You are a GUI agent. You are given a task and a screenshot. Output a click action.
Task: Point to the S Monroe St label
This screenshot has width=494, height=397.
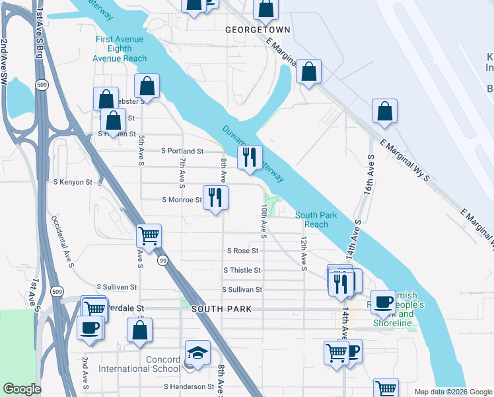click(182, 200)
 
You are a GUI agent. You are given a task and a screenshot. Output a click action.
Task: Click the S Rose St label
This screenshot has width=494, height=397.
click(242, 251)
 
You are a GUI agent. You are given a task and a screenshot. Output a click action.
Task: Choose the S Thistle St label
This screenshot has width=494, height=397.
click(242, 271)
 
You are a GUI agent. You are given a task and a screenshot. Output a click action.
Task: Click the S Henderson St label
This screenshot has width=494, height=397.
click(190, 386)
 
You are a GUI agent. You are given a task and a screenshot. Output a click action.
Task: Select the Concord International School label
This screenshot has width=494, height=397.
click(139, 364)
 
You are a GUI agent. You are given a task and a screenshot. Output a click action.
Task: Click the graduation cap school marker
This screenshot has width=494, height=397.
click(197, 354)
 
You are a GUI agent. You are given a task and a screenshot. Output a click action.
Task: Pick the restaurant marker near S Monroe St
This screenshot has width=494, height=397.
click(215, 198)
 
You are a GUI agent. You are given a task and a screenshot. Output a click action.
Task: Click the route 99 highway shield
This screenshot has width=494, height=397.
click(162, 262)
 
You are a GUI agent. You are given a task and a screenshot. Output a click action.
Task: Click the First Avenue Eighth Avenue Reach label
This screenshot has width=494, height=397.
click(120, 49)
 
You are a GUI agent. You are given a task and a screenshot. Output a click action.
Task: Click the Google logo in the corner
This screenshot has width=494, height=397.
click(22, 389)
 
